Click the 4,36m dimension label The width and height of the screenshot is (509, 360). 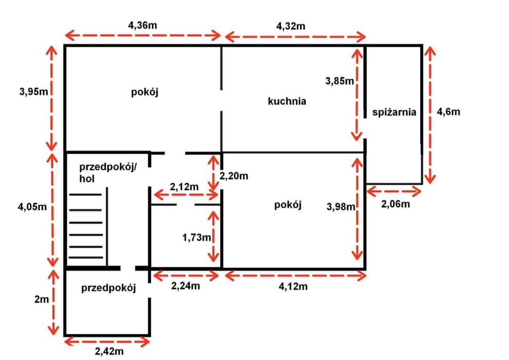(142, 25)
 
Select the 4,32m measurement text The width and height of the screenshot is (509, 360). (290, 26)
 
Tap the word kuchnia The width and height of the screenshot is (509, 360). (287, 101)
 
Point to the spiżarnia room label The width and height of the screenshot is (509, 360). (394, 112)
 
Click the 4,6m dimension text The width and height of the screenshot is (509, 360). (448, 112)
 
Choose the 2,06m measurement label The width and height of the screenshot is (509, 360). (395, 204)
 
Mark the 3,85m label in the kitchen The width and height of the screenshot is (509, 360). (339, 81)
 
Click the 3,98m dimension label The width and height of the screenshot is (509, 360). (341, 206)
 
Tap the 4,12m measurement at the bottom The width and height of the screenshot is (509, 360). (293, 286)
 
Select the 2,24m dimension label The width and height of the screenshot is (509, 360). (186, 285)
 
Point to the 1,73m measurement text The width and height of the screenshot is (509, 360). (196, 238)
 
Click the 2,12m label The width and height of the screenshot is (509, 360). (184, 187)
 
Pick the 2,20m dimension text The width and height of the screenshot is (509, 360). (234, 176)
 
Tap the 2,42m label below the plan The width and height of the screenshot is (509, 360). (109, 351)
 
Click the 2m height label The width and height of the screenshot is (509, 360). (42, 299)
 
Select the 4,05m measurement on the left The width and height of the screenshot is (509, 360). (32, 206)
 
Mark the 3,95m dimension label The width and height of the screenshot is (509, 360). (33, 92)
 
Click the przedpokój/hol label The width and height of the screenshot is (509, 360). (108, 173)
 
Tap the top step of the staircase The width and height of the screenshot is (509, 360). (85, 195)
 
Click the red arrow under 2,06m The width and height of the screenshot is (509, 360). (394, 191)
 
